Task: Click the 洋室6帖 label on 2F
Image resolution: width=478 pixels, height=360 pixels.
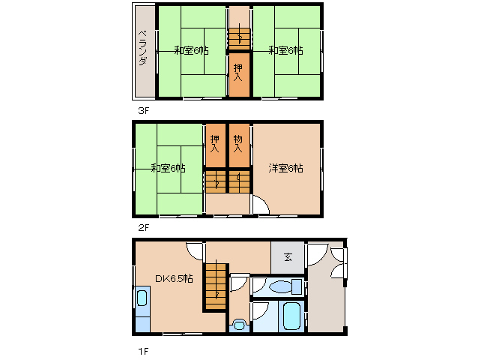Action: tap(285, 168)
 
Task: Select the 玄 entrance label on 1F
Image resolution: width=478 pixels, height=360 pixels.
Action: tap(288, 257)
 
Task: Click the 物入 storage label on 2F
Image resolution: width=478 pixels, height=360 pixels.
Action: tap(238, 142)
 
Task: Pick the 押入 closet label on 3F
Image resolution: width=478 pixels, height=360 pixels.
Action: tap(238, 73)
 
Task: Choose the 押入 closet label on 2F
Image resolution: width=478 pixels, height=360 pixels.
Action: tap(216, 142)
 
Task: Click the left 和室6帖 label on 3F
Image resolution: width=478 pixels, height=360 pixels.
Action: tap(191, 50)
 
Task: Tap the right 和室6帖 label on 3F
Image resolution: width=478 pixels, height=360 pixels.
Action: tap(285, 50)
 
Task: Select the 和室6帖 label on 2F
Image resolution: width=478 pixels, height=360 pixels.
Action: tap(168, 168)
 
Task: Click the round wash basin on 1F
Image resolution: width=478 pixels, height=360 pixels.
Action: tap(239, 325)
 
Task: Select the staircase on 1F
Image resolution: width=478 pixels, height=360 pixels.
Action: tap(216, 286)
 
